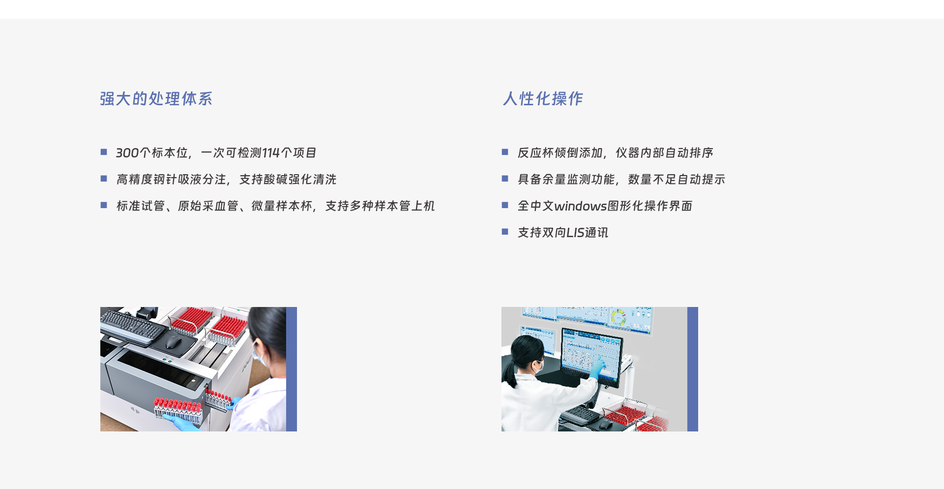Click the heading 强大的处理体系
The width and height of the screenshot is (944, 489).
click(156, 99)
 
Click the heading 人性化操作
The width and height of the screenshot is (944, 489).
click(543, 99)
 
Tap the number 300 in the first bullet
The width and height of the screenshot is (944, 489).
click(127, 153)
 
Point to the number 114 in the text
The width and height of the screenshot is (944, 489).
click(270, 153)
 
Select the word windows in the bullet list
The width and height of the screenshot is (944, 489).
click(580, 206)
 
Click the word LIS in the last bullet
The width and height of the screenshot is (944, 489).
click(575, 233)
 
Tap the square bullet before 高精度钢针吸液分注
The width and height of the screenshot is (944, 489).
click(104, 179)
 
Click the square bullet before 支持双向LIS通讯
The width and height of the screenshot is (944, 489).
click(505, 232)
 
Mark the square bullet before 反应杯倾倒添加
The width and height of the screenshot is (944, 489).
click(505, 152)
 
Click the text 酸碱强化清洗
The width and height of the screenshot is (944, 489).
click(300, 180)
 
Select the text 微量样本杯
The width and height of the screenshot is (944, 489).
click(282, 206)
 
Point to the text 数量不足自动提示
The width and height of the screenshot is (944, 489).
click(677, 180)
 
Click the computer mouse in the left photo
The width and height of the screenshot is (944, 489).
click(173, 341)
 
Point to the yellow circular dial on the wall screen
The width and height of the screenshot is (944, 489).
click(618, 317)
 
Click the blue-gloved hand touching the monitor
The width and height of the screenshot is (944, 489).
click(597, 368)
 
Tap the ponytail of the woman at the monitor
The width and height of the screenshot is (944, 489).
click(507, 374)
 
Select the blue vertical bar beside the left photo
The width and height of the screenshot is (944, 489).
click(292, 369)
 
